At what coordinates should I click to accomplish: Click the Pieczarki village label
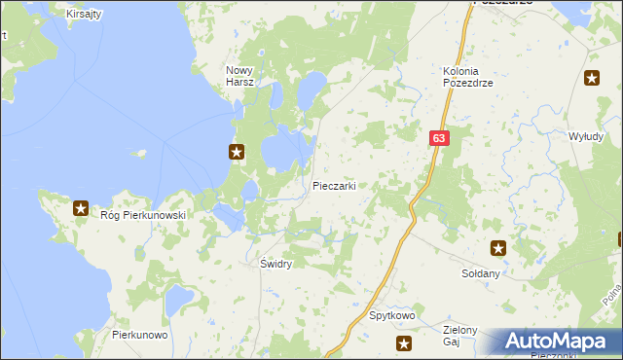(x=333, y=186)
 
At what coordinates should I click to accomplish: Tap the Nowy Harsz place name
(x=240, y=76)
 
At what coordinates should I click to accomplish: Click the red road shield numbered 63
(x=440, y=139)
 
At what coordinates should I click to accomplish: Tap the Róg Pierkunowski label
(x=142, y=215)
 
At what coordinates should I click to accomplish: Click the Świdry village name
(x=276, y=264)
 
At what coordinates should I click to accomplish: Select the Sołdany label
(x=480, y=274)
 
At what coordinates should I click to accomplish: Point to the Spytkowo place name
(x=393, y=316)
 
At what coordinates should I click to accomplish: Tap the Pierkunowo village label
(x=140, y=335)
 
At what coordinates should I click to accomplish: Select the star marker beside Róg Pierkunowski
(x=81, y=207)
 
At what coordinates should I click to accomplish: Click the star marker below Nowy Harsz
(x=237, y=151)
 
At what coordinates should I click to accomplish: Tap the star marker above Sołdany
(x=498, y=248)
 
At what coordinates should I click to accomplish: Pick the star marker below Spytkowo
(x=404, y=342)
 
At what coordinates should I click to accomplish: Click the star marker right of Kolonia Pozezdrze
(x=592, y=79)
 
